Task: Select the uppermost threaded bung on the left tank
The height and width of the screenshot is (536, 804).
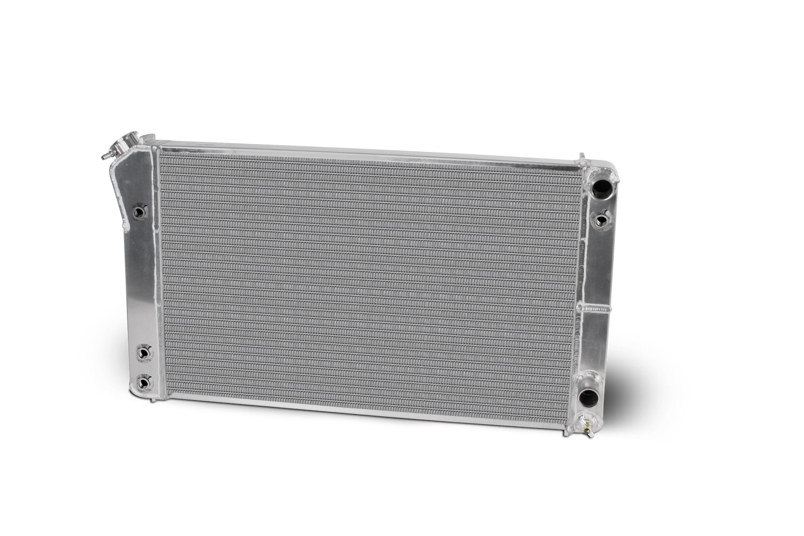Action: point(139,211)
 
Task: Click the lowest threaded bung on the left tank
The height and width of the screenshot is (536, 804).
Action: point(145,382)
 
